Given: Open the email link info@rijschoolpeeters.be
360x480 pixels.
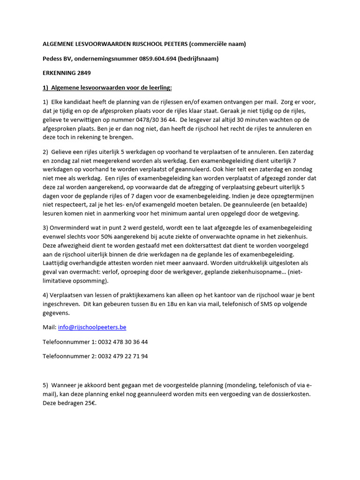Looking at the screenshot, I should [92, 327].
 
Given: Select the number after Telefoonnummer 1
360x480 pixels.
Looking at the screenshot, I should [123, 342].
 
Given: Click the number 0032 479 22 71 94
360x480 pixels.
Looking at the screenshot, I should [123, 356].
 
